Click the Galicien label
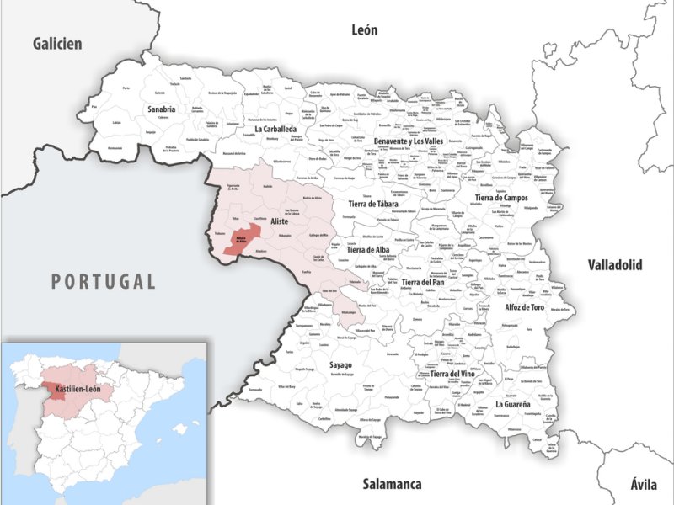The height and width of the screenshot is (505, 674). coord(57,44)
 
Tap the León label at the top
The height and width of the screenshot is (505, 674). coord(364,30)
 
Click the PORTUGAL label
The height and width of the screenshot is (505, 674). coord(104,281)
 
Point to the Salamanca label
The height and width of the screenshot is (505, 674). coord(392,484)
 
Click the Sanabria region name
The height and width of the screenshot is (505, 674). coord(161,109)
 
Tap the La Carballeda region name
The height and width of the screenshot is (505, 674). coord(281,129)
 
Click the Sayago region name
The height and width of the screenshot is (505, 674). coord(340,365)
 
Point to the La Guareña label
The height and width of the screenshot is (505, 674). coord(512,404)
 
